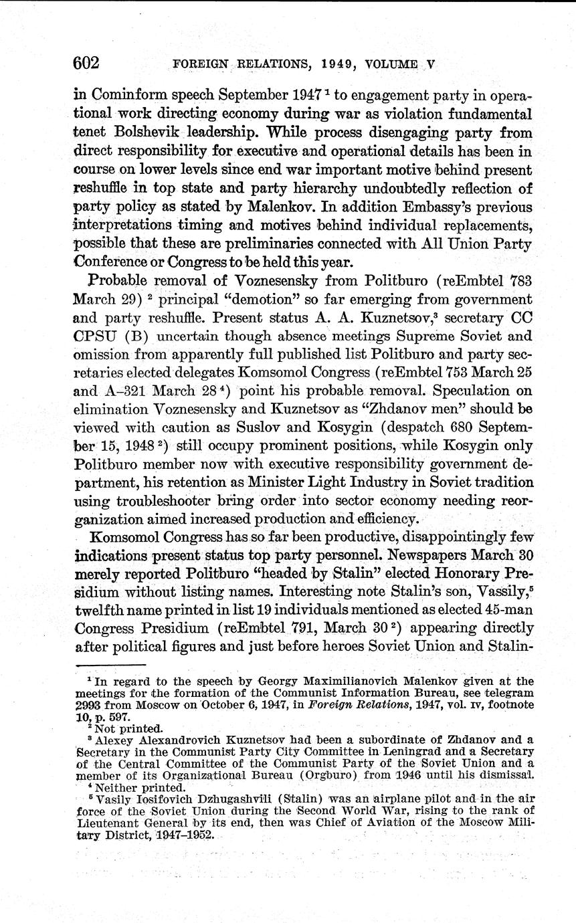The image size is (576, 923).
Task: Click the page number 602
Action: (86, 64)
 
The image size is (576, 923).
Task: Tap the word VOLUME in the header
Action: (391, 65)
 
